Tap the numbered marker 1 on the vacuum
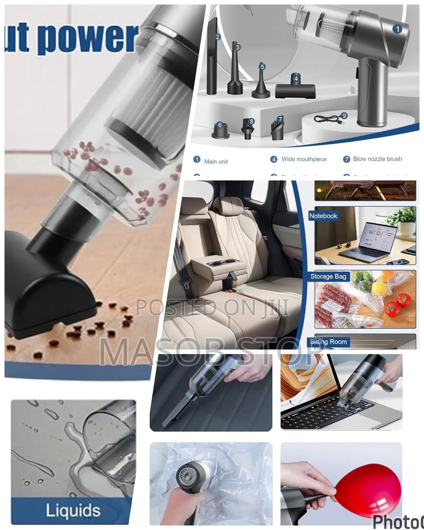397,29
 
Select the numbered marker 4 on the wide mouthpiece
296,78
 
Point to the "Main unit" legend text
216,161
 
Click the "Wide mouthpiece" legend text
304,159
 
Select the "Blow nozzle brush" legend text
377,159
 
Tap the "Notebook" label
323,216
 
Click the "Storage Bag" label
328,276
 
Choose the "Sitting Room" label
328,342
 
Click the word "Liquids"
73,510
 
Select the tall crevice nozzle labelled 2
212,58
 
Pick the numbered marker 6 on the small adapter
220,125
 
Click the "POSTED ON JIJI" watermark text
212,307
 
